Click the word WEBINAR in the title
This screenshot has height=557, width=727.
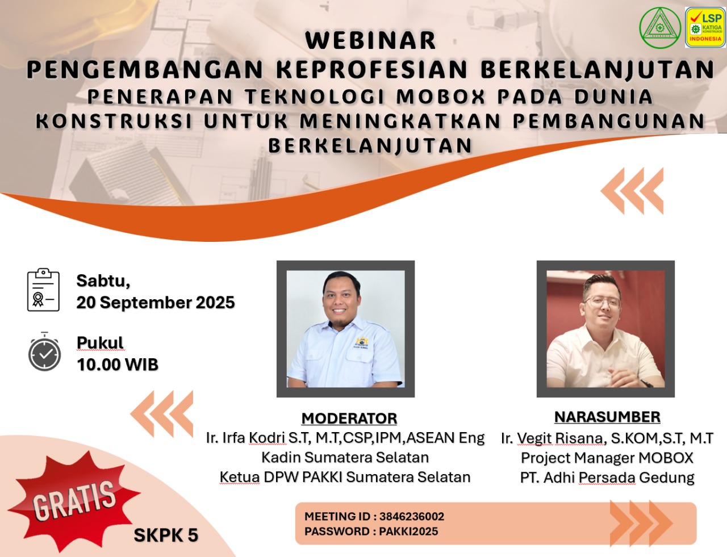(370, 41)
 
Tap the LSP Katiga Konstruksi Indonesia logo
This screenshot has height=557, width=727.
(705, 27)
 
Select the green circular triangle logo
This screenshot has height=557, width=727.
(659, 27)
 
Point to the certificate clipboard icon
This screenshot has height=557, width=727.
(43, 290)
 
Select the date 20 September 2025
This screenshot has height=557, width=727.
(156, 303)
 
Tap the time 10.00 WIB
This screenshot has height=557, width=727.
(118, 365)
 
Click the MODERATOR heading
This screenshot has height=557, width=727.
(349, 418)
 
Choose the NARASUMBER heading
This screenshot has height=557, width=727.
(607, 417)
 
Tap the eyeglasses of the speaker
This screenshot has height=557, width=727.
(601, 301)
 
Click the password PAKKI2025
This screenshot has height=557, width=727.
(408, 531)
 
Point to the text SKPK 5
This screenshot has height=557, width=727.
(166, 535)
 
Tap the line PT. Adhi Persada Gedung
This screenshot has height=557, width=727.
(607, 478)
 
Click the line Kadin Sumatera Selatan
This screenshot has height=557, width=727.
(345, 458)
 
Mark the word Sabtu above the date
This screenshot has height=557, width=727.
(103, 280)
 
